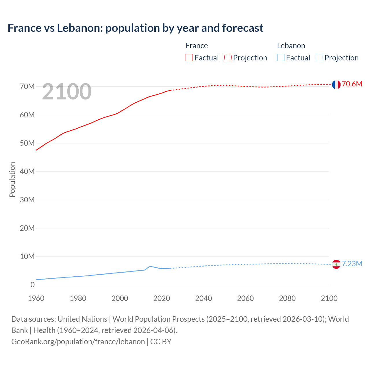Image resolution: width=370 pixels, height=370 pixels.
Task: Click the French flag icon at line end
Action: [336, 84]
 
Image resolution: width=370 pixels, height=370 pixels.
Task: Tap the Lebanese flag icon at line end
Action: [336, 264]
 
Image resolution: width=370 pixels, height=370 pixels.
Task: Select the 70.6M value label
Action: [352, 84]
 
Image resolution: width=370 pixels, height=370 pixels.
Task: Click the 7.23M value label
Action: [352, 264]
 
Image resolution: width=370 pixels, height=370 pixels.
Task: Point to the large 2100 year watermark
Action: [67, 92]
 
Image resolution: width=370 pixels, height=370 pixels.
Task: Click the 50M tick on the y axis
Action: [27, 143]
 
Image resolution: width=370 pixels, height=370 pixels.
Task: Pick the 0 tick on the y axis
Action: [32, 285]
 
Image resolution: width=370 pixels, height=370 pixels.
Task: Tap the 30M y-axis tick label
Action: [27, 200]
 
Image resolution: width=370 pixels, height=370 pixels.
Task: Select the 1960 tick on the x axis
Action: [36, 299]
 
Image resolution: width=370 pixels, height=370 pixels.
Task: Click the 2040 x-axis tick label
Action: [203, 299]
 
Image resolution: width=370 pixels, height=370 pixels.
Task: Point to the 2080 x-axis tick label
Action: [287, 299]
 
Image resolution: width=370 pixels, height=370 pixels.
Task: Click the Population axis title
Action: [12, 180]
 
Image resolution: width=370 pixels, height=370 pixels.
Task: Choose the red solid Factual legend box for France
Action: [189, 58]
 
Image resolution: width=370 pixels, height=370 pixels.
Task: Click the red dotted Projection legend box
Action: [228, 58]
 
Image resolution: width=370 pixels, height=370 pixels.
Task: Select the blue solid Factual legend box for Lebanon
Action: [281, 58]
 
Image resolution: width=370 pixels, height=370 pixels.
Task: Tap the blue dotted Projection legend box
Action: [319, 58]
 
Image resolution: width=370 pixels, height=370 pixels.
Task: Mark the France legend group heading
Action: [197, 46]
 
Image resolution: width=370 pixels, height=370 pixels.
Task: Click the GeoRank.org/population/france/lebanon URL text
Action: [78, 342]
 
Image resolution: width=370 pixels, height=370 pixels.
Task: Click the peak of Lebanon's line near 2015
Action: [151, 266]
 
